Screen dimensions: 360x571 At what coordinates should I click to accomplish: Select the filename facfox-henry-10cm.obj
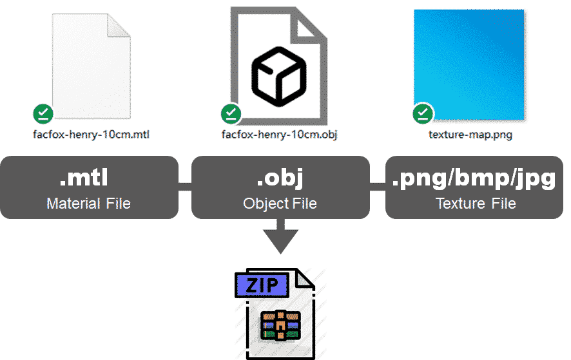[279, 135]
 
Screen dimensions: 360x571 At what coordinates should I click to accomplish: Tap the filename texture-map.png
[470, 135]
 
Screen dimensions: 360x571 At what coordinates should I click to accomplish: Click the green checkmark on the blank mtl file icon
[43, 115]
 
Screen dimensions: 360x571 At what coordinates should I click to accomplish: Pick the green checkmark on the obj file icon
[231, 115]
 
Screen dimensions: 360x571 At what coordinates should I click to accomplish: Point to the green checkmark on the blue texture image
[423, 114]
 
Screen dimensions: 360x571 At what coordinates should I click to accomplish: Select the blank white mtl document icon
[90, 65]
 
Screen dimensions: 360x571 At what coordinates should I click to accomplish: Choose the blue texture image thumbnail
[469, 65]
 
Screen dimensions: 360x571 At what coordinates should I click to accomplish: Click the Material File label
[89, 204]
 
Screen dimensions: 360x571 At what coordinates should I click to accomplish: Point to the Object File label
[280, 204]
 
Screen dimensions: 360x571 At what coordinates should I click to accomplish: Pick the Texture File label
[476, 204]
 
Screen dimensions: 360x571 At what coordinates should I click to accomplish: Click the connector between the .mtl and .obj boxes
[185, 187]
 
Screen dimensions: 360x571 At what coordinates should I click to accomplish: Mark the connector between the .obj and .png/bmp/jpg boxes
[378, 187]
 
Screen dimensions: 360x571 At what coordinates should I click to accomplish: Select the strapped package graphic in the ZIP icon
[280, 325]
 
